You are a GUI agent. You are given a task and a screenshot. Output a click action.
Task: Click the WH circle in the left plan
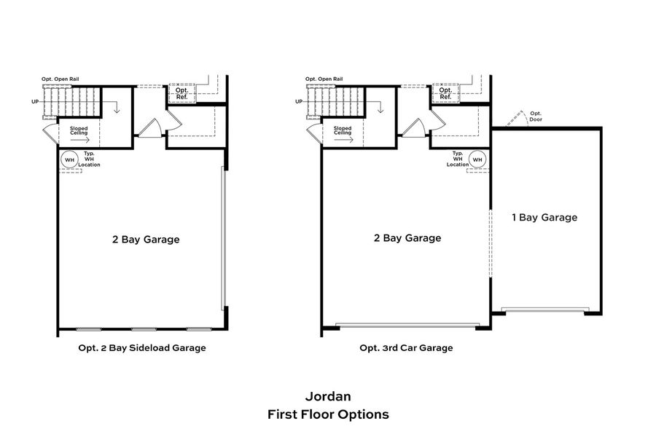70,160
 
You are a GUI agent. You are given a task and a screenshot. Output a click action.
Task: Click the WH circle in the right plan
477,160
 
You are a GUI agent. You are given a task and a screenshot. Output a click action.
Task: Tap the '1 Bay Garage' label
544,217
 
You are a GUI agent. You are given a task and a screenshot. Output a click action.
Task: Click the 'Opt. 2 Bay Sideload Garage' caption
142,348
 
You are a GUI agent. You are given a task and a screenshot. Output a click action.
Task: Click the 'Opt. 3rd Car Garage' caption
406,348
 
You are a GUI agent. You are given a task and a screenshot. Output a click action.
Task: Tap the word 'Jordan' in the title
328,397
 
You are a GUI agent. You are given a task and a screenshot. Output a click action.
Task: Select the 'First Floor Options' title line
328,414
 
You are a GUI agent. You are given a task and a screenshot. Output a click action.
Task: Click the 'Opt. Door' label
536,116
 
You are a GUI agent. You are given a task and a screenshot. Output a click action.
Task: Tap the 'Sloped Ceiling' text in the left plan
79,131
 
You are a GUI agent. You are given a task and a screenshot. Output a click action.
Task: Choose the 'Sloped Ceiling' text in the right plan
343,131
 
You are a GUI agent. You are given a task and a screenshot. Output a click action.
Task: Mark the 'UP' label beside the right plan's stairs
300,101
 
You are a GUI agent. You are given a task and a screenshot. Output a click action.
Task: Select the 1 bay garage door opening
545,310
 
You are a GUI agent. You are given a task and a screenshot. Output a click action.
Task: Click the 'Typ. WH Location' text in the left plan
90,160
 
